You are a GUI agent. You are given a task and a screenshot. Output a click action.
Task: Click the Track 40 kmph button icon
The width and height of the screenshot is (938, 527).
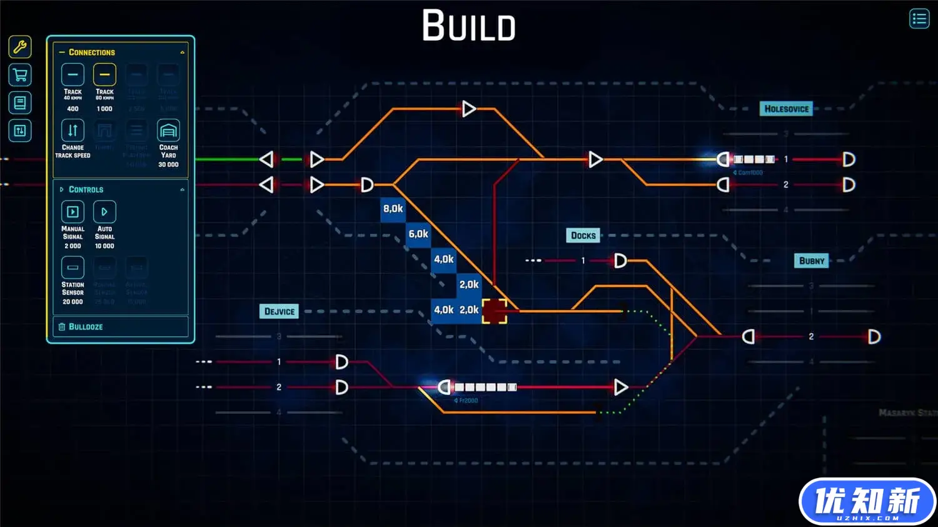73,75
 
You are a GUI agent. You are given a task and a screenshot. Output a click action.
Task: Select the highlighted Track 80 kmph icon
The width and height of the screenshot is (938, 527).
104,75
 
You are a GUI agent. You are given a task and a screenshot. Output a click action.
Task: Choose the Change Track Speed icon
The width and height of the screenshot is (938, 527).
73,130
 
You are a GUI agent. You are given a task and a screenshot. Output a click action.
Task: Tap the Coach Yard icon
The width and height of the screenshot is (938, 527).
168,130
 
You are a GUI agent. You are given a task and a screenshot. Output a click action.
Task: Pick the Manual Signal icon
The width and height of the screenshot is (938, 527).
73,212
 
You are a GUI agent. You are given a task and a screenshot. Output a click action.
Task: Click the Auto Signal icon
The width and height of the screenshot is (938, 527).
104,212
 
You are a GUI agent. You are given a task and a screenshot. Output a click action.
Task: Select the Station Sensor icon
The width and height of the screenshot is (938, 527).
73,268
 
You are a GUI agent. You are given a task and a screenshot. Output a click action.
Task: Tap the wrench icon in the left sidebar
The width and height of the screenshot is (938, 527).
20,47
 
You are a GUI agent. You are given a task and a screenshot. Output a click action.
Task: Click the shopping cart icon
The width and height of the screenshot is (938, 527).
20,75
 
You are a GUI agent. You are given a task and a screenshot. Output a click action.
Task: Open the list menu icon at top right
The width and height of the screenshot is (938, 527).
919,19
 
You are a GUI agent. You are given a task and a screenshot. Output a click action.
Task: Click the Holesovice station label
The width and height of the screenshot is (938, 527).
786,109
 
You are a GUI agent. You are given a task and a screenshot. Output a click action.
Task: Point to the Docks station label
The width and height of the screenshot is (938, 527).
583,236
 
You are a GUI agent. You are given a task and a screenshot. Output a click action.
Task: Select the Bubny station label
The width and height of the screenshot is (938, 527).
812,261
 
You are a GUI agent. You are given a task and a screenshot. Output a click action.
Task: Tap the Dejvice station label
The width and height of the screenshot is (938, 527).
279,311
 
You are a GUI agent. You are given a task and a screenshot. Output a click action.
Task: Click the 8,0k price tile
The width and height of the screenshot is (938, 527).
393,209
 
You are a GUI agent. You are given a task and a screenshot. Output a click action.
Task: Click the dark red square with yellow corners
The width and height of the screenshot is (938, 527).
494,311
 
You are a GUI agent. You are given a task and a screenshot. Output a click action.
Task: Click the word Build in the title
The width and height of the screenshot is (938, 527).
469,26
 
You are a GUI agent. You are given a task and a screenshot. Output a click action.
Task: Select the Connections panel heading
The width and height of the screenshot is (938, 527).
91,53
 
